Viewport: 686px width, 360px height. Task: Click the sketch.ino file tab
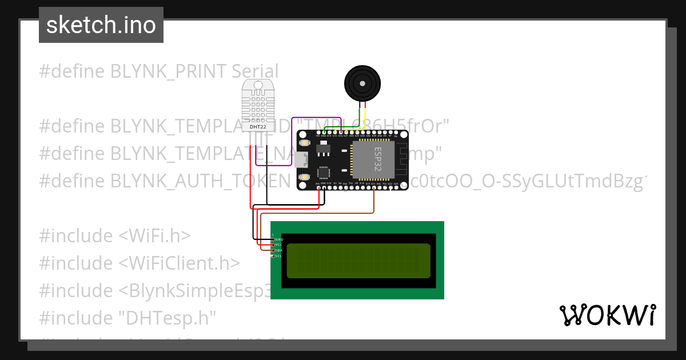tap(101, 25)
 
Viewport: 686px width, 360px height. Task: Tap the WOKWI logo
tap(607, 315)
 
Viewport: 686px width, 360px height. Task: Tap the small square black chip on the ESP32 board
tap(323, 173)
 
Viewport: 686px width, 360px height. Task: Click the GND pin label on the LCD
tap(279, 239)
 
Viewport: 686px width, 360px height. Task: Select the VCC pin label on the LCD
tap(279, 245)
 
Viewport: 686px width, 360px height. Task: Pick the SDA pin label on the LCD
tap(279, 250)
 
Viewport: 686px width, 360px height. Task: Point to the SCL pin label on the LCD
tap(279, 256)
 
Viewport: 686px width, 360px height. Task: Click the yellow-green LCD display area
tap(358, 261)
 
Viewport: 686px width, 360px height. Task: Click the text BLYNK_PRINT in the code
tap(169, 71)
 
